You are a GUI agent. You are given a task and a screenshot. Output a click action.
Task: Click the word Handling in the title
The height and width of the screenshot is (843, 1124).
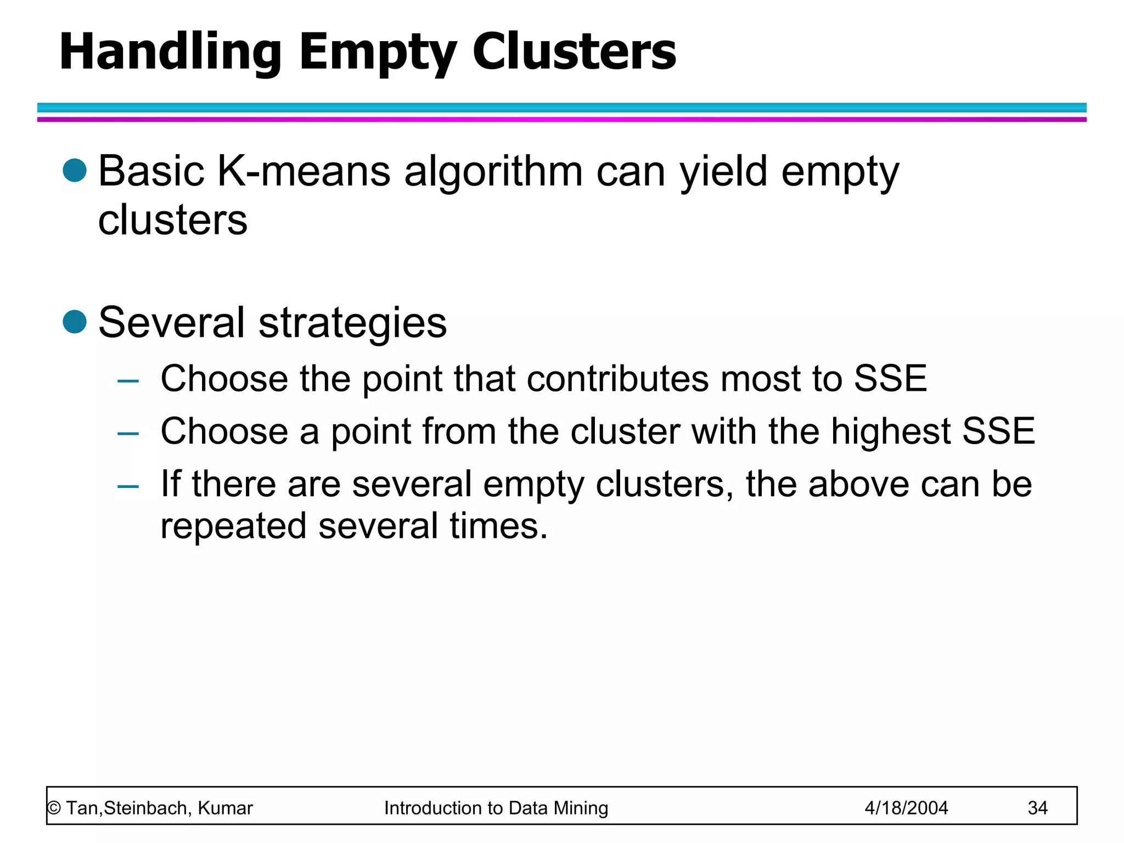(x=170, y=52)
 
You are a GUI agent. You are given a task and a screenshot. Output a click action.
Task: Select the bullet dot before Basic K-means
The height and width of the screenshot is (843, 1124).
(x=75, y=170)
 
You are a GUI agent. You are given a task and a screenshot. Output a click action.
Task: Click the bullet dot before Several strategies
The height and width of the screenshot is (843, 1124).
(x=75, y=322)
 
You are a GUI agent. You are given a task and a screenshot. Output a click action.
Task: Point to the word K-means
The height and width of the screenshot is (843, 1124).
(x=304, y=171)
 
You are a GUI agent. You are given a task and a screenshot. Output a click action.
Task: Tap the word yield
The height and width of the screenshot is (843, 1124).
(x=723, y=172)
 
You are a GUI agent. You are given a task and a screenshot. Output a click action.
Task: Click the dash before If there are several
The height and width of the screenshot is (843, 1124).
(x=128, y=486)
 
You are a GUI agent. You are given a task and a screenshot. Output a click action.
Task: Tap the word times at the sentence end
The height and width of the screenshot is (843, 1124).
(x=498, y=526)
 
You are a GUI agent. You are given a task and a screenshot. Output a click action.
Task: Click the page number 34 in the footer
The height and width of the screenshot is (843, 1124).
(x=1037, y=808)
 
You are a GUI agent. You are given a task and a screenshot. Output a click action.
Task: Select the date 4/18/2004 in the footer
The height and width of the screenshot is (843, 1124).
(x=906, y=808)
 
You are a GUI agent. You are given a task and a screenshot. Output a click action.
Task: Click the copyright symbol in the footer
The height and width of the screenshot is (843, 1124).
(x=54, y=808)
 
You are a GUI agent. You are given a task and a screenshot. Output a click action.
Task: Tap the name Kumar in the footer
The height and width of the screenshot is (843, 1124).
(x=225, y=808)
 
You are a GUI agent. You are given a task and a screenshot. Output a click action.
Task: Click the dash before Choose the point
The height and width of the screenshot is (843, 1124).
(x=128, y=380)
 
